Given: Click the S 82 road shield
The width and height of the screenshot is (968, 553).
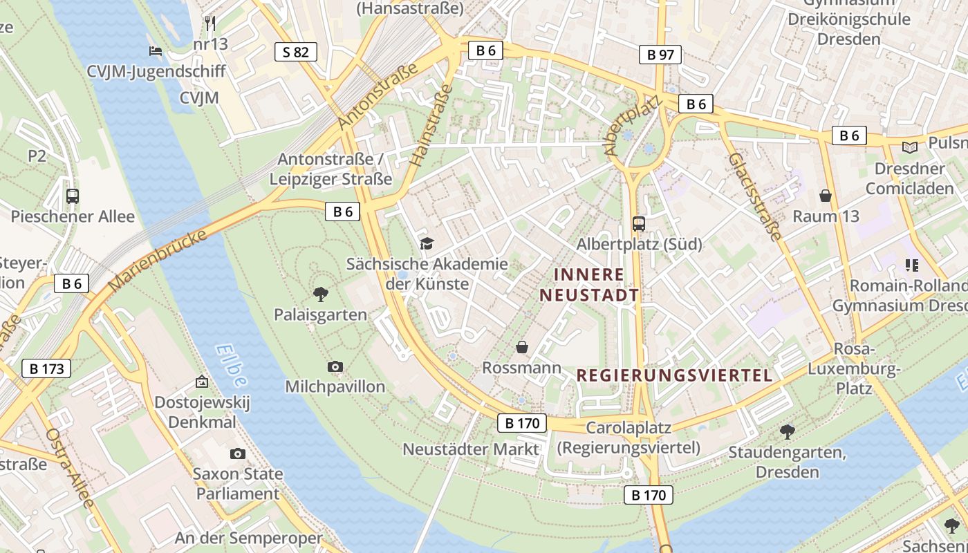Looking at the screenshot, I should [x=296, y=52].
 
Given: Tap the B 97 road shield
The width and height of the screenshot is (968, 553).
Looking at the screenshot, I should [x=660, y=55].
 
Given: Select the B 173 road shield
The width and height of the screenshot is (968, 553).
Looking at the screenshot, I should [x=47, y=368].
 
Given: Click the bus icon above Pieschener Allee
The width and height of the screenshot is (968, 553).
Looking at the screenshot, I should [x=73, y=196].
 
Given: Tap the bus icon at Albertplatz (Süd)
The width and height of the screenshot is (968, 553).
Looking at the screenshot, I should [x=638, y=223].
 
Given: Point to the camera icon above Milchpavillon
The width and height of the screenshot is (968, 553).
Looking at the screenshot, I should [x=335, y=366].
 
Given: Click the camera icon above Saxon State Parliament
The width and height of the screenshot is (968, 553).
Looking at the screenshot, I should [x=238, y=453].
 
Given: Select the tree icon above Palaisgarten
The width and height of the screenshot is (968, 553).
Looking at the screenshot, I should [x=320, y=294].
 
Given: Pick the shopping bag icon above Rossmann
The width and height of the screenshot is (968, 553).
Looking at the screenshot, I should [x=522, y=347].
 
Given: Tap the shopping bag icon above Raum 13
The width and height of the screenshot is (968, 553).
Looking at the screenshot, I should [x=825, y=196].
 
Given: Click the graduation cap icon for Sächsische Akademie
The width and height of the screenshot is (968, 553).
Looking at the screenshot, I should [x=427, y=243].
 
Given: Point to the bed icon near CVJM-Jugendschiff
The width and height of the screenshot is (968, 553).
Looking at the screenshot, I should [x=156, y=51].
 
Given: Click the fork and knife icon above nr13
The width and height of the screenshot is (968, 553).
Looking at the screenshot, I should [x=210, y=24].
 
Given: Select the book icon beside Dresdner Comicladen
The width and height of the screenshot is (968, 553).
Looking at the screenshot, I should [x=910, y=147].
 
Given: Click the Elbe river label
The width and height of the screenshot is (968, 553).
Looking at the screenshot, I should [x=230, y=366].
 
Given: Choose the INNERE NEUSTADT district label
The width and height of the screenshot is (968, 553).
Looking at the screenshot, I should [x=589, y=285].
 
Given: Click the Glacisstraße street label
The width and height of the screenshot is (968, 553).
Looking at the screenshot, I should [x=754, y=196].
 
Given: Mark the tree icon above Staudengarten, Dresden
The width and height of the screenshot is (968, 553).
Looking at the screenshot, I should [x=787, y=432].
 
